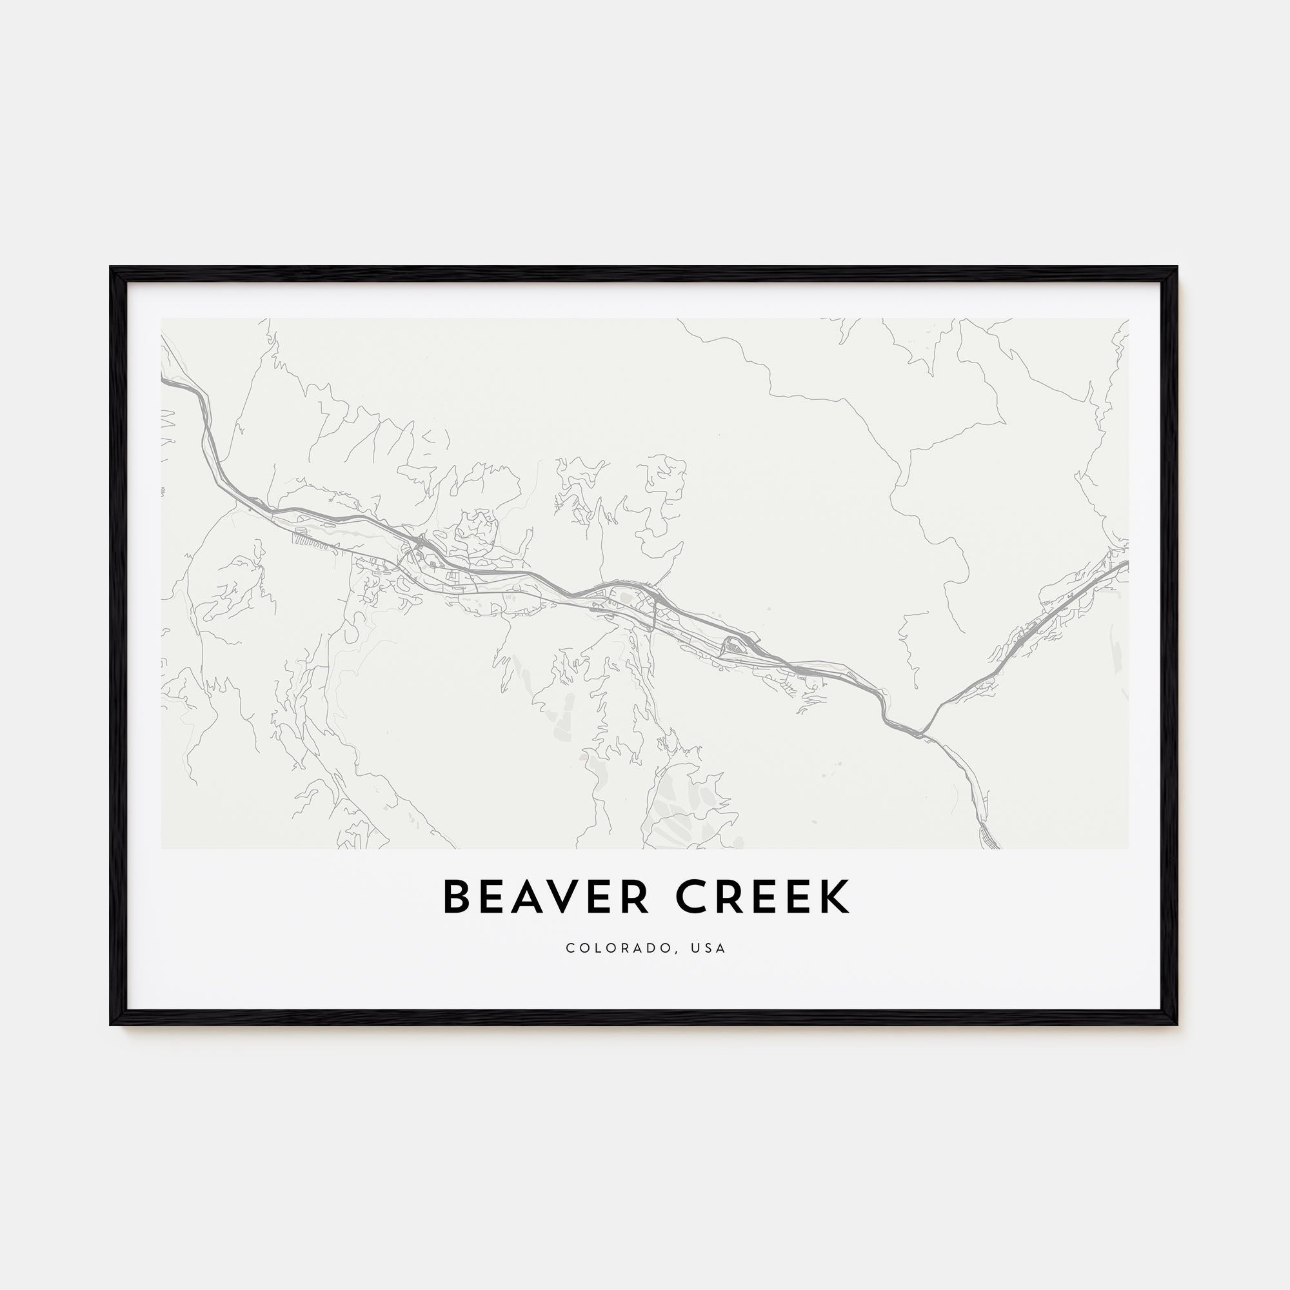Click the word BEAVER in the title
pos(546,897)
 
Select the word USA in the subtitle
pos(708,948)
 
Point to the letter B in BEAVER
pos(457,897)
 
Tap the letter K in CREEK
pos(835,897)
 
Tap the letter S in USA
pos(708,948)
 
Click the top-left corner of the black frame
pos(111,268)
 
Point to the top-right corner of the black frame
pos(1176,268)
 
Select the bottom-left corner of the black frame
pos(111,1024)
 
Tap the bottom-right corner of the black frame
pos(1176,1024)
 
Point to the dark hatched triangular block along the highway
pos(733,644)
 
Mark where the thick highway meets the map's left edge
pos(163,381)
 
